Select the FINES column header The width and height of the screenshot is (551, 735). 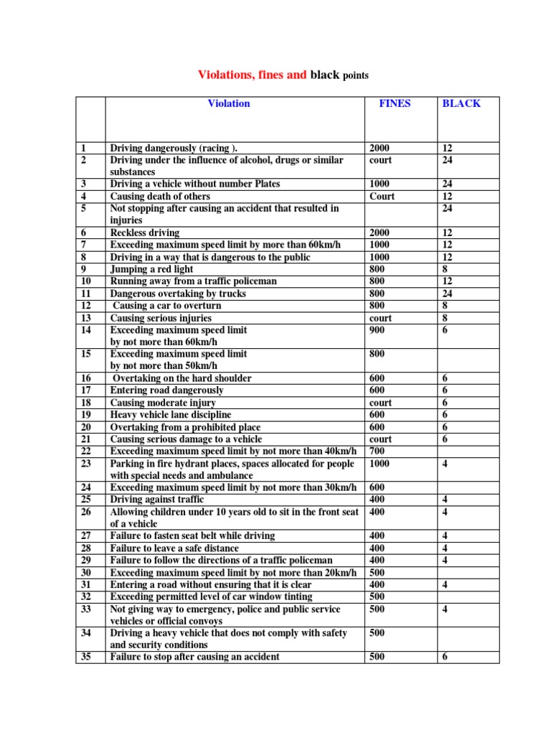coord(395,103)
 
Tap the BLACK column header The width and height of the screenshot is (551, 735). coord(461,103)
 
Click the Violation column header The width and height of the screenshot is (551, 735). coord(229,103)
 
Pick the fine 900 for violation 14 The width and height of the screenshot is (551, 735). coord(377,329)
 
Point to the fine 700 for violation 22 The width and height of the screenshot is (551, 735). coord(377,451)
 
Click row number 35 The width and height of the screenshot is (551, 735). coord(85,656)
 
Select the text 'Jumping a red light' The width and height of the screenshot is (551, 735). coord(151,268)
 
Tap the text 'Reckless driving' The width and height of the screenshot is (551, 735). coord(144,233)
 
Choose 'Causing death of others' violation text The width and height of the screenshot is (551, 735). coord(160,196)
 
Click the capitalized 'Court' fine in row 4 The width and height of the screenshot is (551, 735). coord(382,196)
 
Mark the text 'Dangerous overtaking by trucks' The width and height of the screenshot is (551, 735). coord(177,293)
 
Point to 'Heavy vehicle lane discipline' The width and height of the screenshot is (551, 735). coord(171,414)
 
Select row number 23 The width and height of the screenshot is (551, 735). coord(85,463)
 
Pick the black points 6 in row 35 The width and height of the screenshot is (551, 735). coord(446,656)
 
